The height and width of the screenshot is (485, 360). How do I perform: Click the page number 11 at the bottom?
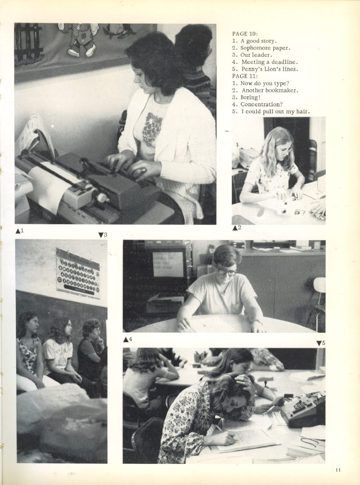click(338, 470)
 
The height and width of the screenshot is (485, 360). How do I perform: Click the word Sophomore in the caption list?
click(255, 48)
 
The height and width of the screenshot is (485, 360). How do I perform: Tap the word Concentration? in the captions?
click(261, 104)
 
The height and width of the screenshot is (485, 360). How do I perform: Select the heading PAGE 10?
click(245, 34)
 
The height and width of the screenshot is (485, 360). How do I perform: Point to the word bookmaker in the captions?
click(284, 91)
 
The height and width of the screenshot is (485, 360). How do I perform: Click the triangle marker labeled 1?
click(18, 231)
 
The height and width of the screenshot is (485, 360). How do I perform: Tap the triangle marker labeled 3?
click(101, 235)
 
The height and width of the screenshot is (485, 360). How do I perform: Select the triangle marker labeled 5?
click(319, 343)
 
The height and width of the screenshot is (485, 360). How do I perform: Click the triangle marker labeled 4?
click(126, 340)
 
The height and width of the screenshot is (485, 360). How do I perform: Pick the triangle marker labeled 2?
click(235, 228)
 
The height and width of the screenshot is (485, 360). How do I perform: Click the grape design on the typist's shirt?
click(152, 129)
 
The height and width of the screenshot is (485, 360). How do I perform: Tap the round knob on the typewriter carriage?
click(102, 197)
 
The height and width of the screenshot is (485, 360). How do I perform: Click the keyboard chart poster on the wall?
click(78, 274)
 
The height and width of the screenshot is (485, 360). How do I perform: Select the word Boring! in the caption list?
click(251, 97)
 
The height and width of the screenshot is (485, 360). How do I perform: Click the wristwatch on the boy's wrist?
click(256, 322)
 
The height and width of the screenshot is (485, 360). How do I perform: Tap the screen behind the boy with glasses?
click(168, 264)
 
